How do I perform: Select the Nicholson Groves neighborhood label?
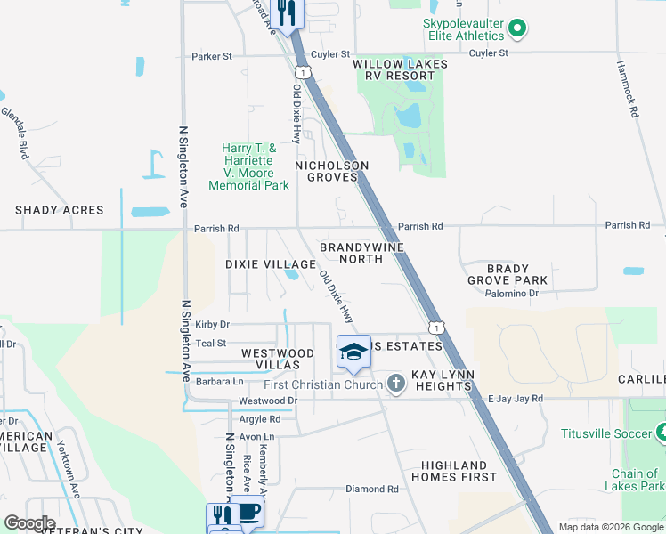[331, 171]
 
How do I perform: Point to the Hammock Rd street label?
[628, 90]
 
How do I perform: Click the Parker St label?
[211, 56]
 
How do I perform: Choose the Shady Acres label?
[59, 211]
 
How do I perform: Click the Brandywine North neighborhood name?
[361, 253]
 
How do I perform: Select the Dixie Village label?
[270, 264]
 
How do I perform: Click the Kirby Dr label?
[212, 325]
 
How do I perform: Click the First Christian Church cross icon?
[396, 384]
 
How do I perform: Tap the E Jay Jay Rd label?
[516, 399]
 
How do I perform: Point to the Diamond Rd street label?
[371, 489]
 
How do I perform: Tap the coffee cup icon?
[248, 514]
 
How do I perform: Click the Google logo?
[29, 523]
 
